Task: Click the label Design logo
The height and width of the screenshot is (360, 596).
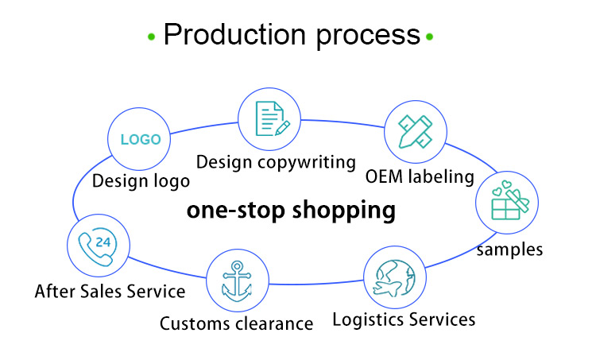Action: click(x=141, y=180)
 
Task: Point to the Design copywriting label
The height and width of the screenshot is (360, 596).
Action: click(x=276, y=162)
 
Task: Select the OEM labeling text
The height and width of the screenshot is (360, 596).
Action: click(x=420, y=176)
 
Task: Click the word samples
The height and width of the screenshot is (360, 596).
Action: click(x=509, y=250)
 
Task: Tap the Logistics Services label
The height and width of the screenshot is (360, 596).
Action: click(x=404, y=319)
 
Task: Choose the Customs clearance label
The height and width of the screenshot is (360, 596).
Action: click(x=237, y=323)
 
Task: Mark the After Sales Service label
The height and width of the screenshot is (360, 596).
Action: click(x=110, y=292)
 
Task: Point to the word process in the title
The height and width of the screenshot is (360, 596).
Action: click(x=368, y=35)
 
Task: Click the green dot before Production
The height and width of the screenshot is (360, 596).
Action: click(x=151, y=37)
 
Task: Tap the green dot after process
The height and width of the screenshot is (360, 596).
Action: click(x=430, y=37)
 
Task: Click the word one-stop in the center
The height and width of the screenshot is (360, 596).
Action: click(x=234, y=211)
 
